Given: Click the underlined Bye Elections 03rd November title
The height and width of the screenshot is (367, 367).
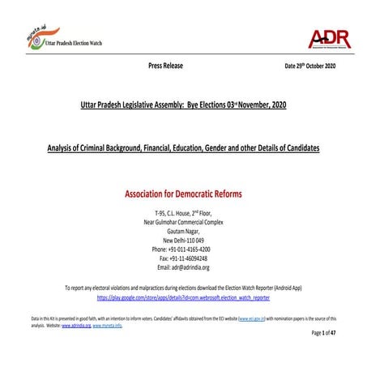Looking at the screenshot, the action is [183, 106].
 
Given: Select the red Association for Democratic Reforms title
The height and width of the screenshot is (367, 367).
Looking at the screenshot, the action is [183, 194].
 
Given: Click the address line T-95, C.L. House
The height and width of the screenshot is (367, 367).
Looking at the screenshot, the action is [183, 212].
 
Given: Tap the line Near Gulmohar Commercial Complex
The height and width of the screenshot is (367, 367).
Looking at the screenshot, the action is [183, 221].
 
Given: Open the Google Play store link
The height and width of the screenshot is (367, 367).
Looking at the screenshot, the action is [183, 297].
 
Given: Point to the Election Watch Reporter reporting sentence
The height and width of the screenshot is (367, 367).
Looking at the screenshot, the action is [183, 288].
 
